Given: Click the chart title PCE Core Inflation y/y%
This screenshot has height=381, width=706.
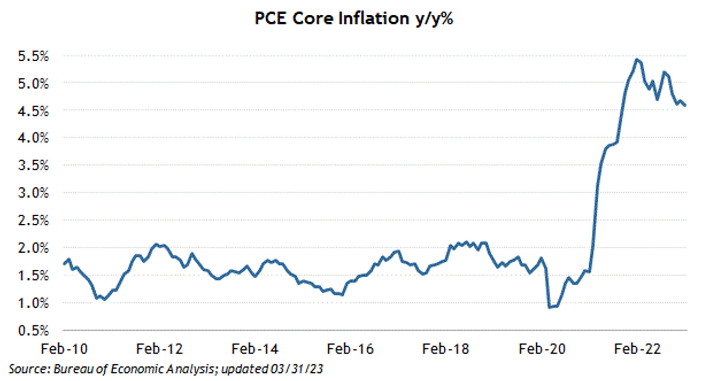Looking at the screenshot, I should [x=353, y=18].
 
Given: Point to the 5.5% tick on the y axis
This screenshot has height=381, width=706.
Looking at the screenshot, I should [x=33, y=56].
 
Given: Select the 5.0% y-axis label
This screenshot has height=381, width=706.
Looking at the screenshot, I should [x=33, y=84].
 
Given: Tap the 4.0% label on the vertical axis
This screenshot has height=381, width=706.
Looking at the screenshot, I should [x=33, y=138].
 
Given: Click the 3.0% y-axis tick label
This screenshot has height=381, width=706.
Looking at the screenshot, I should [x=33, y=193].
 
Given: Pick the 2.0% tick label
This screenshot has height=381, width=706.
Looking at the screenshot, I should [x=33, y=248].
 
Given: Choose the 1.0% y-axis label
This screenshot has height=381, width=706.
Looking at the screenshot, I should [x=33, y=303].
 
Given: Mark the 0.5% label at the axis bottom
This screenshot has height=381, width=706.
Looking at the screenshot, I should [x=33, y=330].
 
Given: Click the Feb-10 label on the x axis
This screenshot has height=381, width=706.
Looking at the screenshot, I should [x=64, y=349].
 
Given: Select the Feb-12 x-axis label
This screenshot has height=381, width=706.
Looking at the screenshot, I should [x=160, y=349].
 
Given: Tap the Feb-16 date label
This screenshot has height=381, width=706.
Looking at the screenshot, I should [x=350, y=349].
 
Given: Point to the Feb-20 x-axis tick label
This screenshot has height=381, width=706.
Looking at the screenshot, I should [x=542, y=349].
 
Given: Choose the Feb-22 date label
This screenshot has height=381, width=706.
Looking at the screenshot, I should [x=637, y=349].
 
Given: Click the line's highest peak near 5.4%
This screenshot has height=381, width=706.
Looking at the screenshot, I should [x=637, y=60].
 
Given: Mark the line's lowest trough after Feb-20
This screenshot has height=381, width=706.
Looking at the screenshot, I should [x=550, y=307].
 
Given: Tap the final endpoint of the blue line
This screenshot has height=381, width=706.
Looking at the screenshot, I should [x=685, y=105].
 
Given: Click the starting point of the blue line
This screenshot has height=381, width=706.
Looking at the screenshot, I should [x=64, y=264].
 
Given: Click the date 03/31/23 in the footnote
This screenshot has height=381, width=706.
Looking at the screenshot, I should [x=296, y=369].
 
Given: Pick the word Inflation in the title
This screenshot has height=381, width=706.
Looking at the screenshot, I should [x=374, y=18].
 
